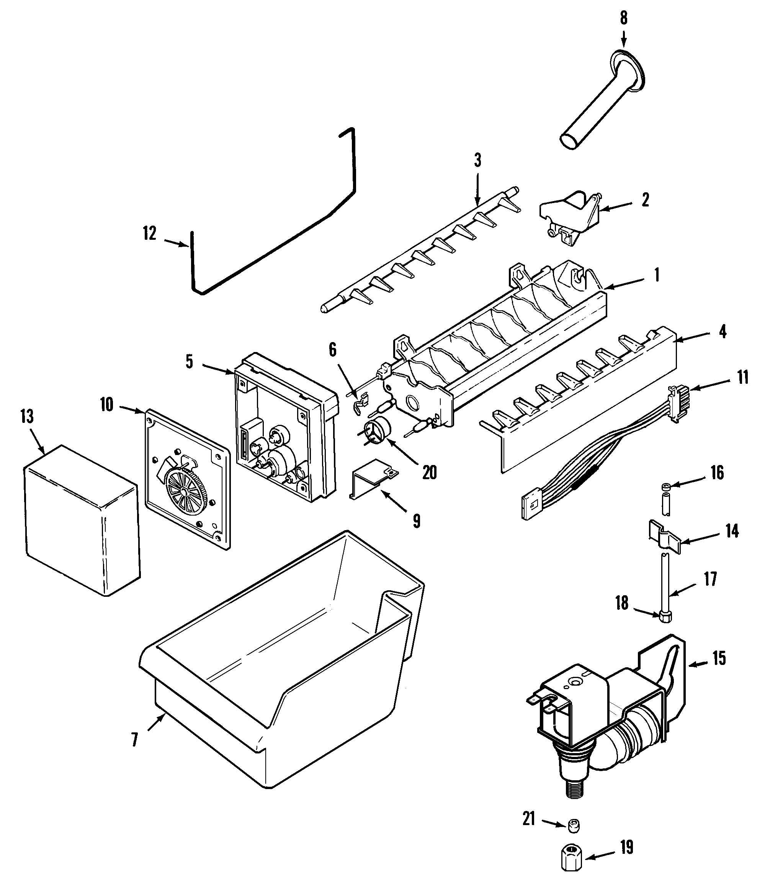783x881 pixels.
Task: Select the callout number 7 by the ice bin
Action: pos(134,740)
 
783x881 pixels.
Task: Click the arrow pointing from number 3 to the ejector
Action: pos(477,190)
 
